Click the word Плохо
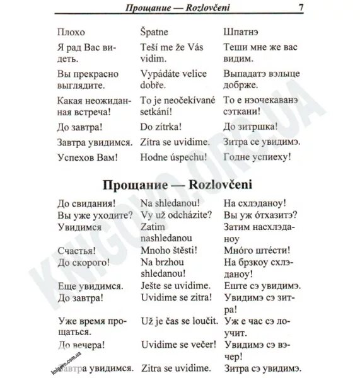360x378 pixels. click(71, 31)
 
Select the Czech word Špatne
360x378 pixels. click(156, 31)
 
